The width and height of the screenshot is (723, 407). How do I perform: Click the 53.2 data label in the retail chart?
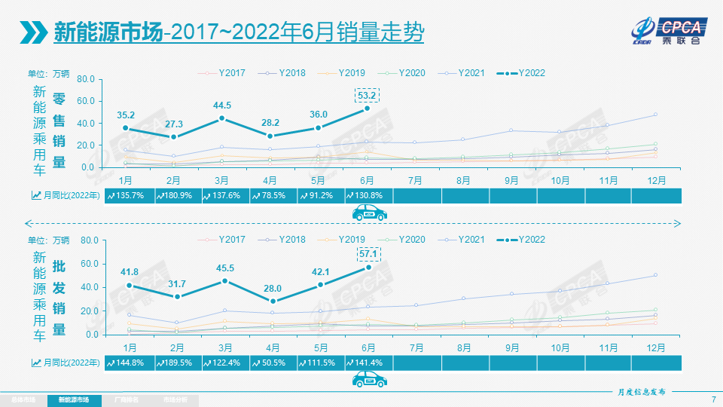(x=367, y=95)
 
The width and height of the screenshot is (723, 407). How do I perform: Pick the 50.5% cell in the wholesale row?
(x=271, y=363)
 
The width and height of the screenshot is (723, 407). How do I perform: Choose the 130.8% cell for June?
(x=368, y=195)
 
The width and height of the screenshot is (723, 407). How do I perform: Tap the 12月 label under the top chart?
(x=656, y=180)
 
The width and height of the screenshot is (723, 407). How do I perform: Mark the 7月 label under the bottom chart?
(x=415, y=347)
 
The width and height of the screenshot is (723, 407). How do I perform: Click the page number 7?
(x=712, y=399)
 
